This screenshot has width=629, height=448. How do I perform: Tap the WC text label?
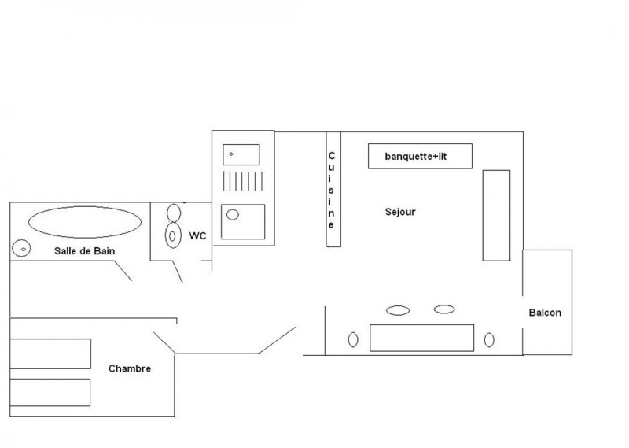click(x=197, y=235)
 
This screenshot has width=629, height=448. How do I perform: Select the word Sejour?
click(x=400, y=211)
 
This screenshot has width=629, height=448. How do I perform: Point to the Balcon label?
click(x=545, y=313)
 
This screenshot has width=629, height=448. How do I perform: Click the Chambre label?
click(x=130, y=368)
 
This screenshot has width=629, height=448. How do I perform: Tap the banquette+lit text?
click(x=420, y=156)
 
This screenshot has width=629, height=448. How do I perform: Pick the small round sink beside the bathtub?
click(x=21, y=248)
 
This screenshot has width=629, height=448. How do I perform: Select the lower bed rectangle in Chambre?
click(x=50, y=392)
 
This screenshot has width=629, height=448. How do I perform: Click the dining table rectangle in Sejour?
click(x=422, y=338)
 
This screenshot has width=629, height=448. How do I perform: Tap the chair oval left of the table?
click(x=353, y=339)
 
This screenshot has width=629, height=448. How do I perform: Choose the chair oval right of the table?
click(x=489, y=340)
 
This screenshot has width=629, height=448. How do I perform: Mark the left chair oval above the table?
click(x=398, y=309)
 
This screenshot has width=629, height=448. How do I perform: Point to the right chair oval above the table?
click(x=444, y=309)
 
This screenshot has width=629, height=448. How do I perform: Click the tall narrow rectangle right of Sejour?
click(x=496, y=215)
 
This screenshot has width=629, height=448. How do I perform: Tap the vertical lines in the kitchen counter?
click(x=242, y=183)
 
